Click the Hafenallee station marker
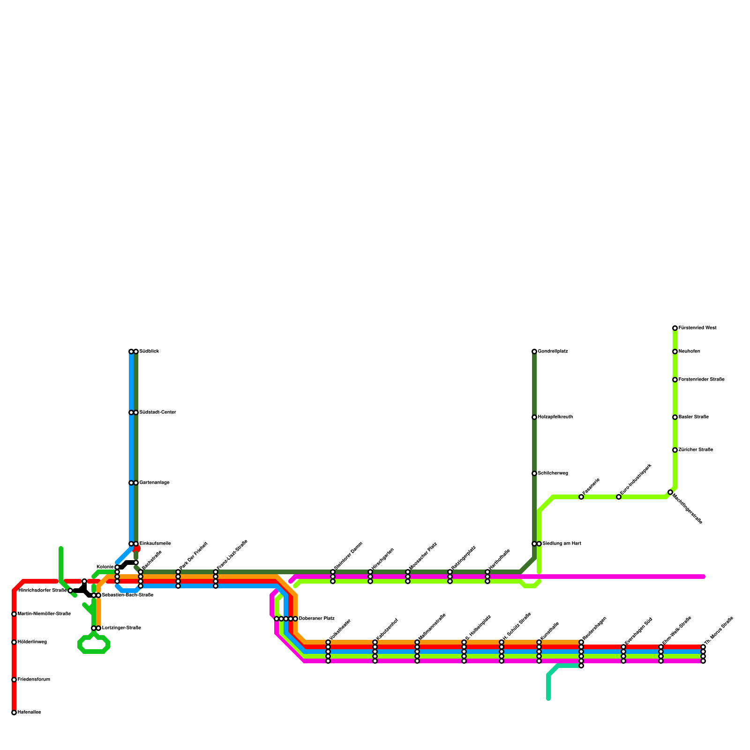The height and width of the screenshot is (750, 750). pos(14,712)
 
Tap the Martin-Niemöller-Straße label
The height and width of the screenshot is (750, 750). pos(44,614)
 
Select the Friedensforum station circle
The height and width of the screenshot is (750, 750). pos(14,680)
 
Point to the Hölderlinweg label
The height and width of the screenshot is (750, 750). pos(32,642)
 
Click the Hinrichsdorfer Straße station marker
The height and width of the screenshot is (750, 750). pos(70,591)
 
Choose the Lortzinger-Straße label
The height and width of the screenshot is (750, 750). pos(121,628)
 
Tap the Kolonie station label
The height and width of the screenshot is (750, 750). pos(105,567)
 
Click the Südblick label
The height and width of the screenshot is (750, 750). pos(150,352)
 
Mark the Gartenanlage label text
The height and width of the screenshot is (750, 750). pos(155,483)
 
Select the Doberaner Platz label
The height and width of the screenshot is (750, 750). pos(317,619)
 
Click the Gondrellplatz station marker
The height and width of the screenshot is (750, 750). pos(534,352)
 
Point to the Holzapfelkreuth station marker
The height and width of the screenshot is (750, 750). pos(534,417)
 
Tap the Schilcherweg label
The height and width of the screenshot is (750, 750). pos(553,473)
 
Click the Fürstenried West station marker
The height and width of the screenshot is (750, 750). pos(675,328)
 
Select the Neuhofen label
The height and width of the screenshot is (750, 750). pos(690,352)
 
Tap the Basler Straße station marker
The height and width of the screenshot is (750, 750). pos(675,417)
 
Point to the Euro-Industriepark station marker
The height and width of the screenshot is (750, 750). pos(619,497)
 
